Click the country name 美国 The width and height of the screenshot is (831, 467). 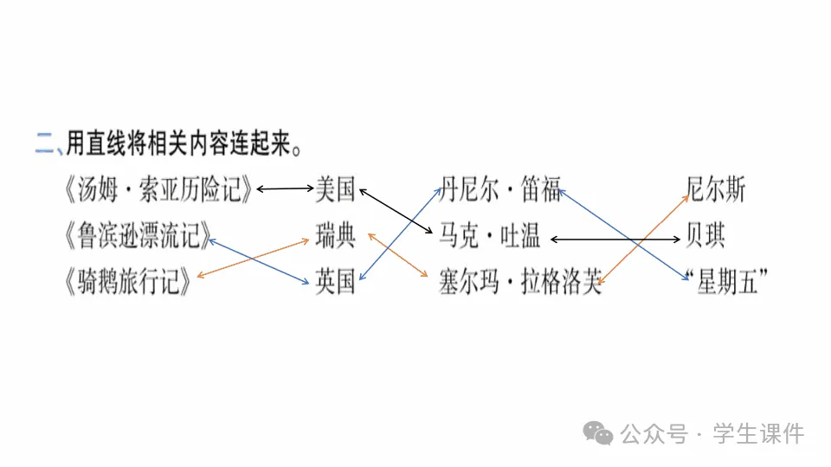pos(335,189)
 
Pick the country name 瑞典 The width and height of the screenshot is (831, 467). pos(335,235)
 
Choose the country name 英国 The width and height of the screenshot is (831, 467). pos(335,282)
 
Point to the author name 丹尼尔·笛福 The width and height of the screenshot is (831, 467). pos(501,189)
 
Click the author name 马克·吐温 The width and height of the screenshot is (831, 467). pos(490,235)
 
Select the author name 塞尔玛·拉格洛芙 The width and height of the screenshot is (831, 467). pos(520,283)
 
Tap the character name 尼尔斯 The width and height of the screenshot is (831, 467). pos(715,189)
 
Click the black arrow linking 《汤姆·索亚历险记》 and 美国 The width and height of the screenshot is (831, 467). pos(285,188)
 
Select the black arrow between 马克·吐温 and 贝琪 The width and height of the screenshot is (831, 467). pos(615,238)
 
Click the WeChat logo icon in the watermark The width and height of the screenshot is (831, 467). pos(597,432)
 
